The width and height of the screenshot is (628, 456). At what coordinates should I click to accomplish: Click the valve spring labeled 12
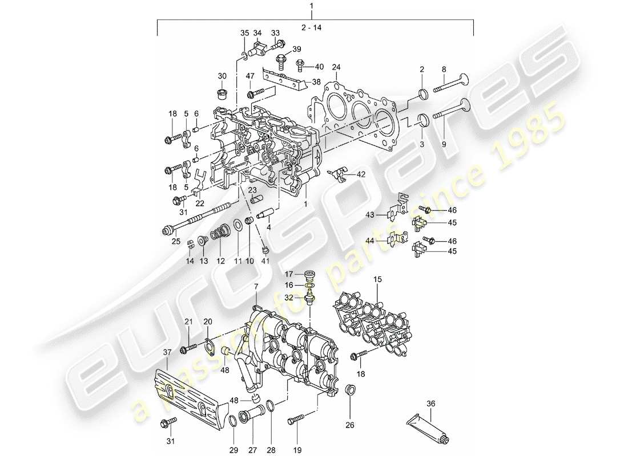point(220,233)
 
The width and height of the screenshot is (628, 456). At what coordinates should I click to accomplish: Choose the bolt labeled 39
point(281,58)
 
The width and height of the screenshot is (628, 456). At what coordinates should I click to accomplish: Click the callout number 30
point(222,76)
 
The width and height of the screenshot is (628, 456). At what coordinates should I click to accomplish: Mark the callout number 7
point(256,285)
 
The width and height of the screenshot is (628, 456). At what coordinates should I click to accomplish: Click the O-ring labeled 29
point(234,422)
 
